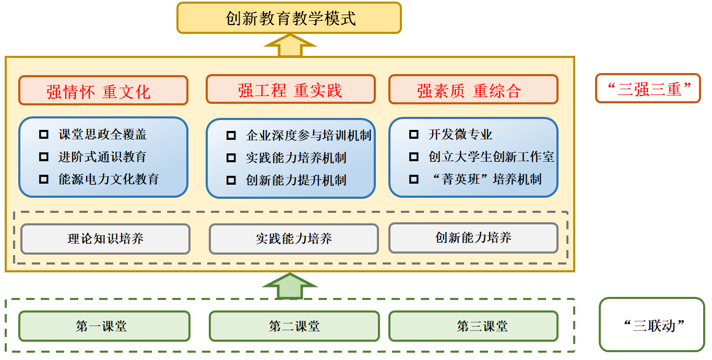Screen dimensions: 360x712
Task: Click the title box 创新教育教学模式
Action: pyautogui.click(x=289, y=18)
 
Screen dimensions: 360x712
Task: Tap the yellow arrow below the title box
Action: pyautogui.click(x=290, y=45)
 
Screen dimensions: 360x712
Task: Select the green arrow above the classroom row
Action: pyautogui.click(x=290, y=286)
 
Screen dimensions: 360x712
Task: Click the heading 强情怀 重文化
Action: pyautogui.click(x=103, y=91)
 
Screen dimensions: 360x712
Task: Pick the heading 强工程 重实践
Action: pyautogui.click(x=290, y=90)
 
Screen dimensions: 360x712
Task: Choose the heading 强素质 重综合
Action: pyautogui.click(x=473, y=90)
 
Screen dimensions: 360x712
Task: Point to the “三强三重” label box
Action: pyautogui.click(x=647, y=89)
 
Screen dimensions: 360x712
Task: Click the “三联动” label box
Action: pyautogui.click(x=651, y=325)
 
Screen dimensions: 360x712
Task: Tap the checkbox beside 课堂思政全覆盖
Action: pyautogui.click(x=44, y=135)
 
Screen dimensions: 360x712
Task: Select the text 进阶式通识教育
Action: pyautogui.click(x=102, y=157)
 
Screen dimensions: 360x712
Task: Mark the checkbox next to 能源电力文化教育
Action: pyautogui.click(x=44, y=179)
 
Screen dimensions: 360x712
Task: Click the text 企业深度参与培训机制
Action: pyautogui.click(x=308, y=136)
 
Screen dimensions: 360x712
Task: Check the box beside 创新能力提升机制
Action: pyautogui.click(x=231, y=181)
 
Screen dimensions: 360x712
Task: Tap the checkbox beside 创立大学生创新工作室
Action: pyautogui.click(x=413, y=157)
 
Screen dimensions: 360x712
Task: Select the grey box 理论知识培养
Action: pyautogui.click(x=105, y=239)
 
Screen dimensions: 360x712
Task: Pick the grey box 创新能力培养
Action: pyautogui.click(x=473, y=238)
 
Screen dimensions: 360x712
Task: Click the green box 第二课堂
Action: pyautogui.click(x=294, y=327)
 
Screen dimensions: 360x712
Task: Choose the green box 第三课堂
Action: pyautogui.click(x=473, y=327)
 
